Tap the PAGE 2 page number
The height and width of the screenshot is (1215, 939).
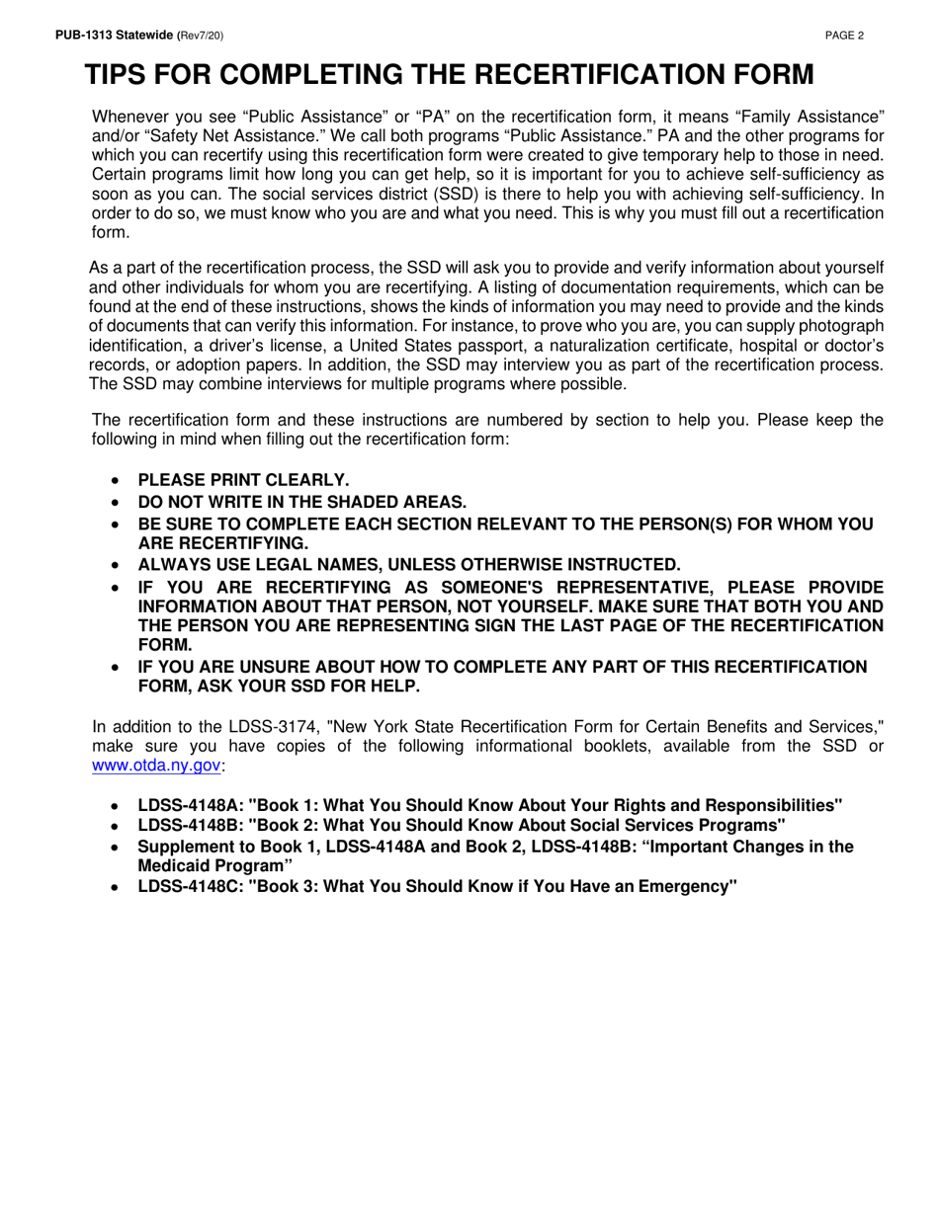[x=845, y=37]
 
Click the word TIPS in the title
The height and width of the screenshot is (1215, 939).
[x=120, y=76]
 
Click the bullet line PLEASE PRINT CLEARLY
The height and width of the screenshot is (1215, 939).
[x=243, y=481]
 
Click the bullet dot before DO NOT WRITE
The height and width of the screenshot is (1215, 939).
[x=118, y=502]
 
